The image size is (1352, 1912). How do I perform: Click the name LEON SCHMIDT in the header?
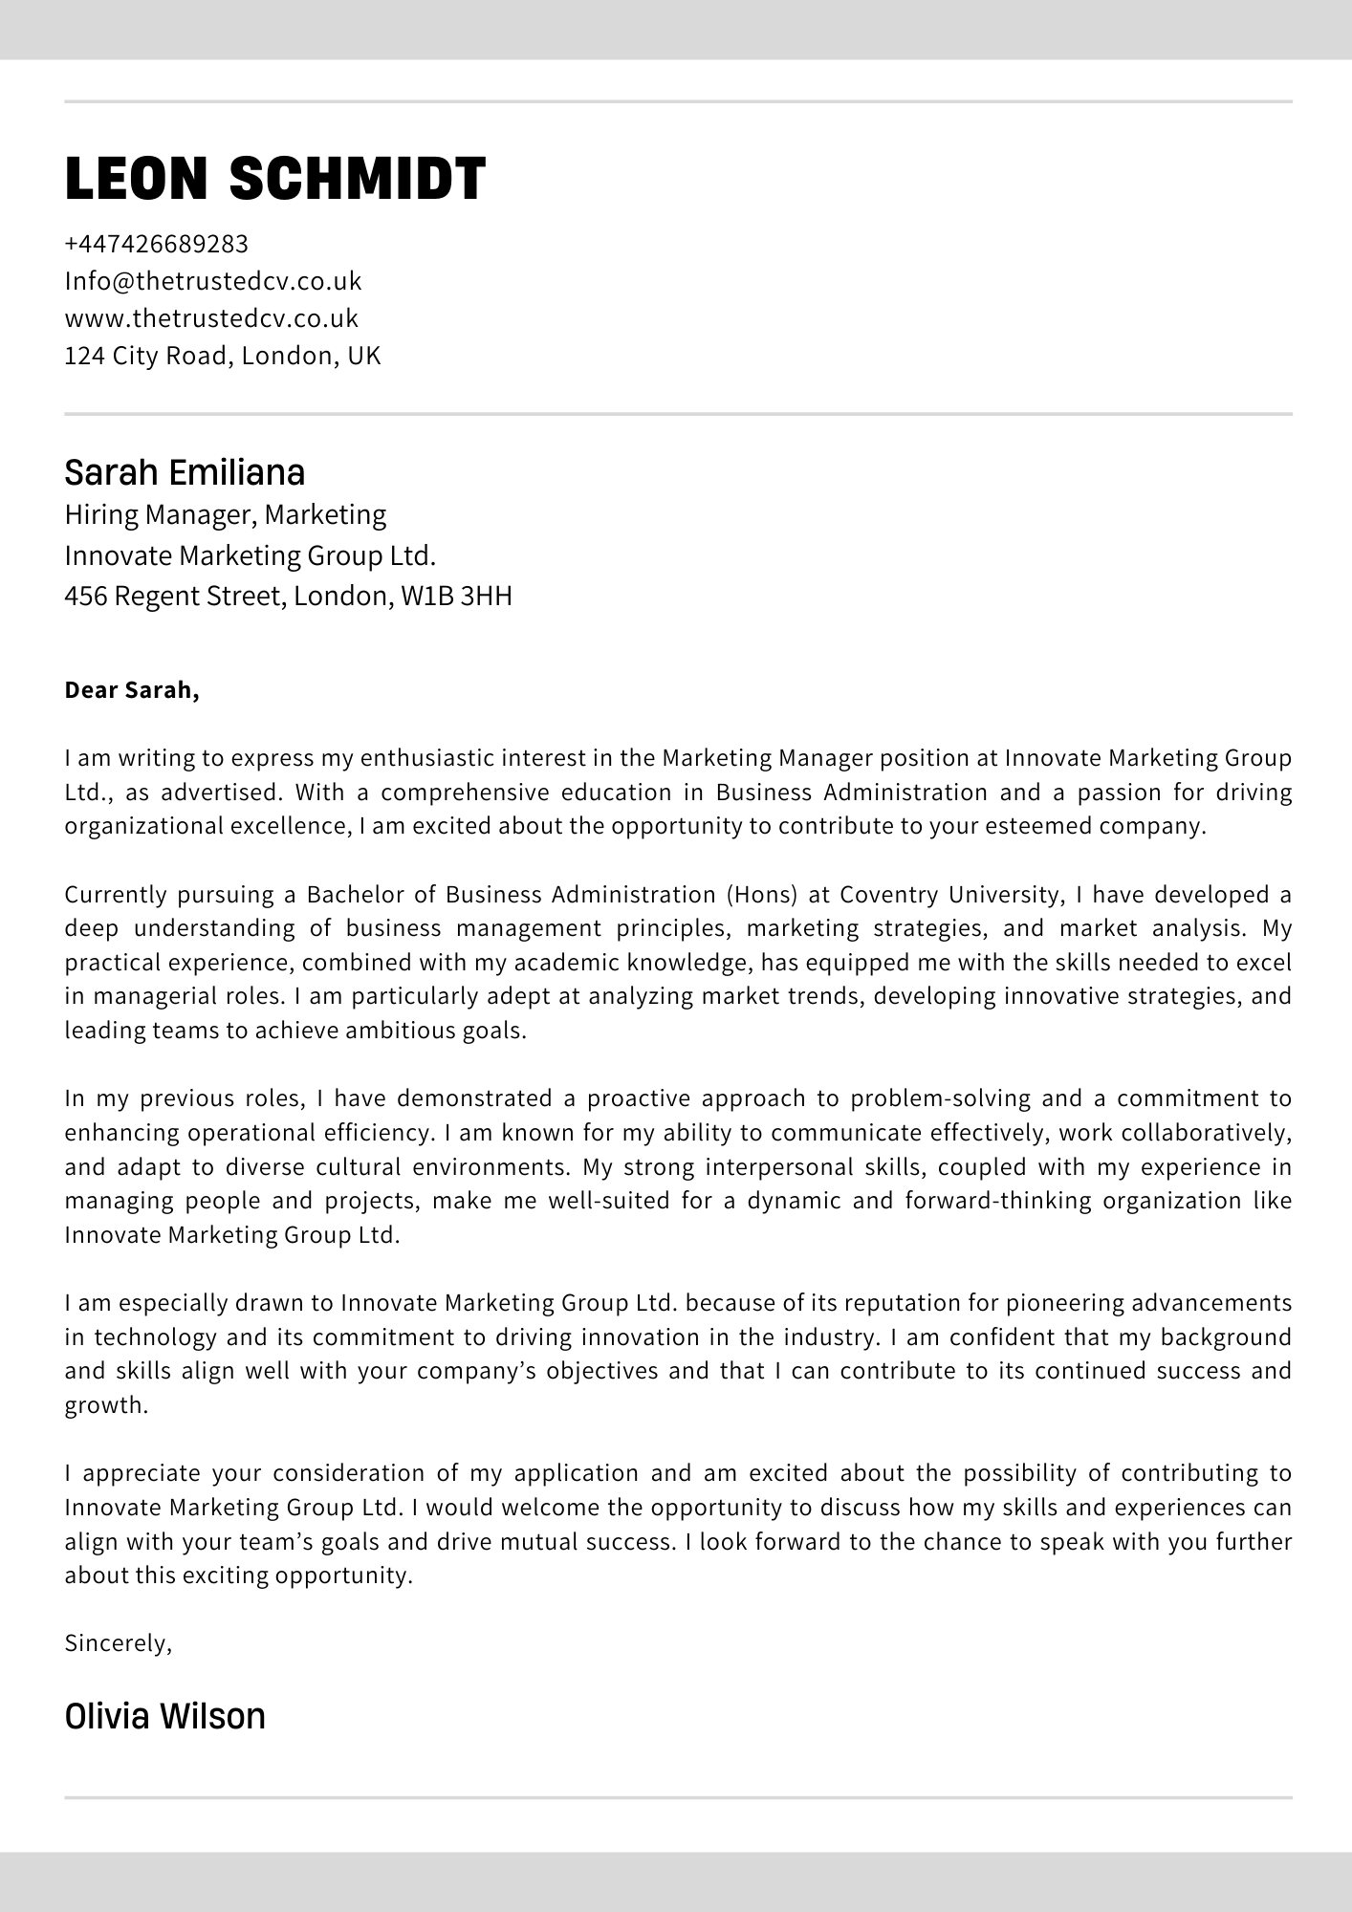tap(275, 179)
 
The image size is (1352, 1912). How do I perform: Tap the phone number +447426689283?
tap(157, 244)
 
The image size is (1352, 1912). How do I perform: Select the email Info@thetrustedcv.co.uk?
tap(213, 281)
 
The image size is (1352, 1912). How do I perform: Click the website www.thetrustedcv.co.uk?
tap(211, 318)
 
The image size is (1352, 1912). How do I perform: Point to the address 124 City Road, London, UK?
tap(223, 356)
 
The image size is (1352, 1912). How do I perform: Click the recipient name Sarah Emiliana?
tap(185, 472)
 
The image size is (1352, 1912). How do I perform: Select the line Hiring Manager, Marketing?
tap(226, 514)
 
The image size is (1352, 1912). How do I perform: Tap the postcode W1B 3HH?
tap(456, 597)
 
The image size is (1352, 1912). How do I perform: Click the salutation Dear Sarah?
tap(132, 690)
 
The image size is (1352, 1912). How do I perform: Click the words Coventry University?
tap(951, 895)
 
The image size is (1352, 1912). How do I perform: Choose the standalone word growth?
tap(106, 1405)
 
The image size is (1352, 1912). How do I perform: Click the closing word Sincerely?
tap(119, 1643)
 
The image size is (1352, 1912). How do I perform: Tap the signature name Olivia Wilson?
tap(165, 1717)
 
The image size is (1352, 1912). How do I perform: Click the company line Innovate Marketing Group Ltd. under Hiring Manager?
tap(251, 555)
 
